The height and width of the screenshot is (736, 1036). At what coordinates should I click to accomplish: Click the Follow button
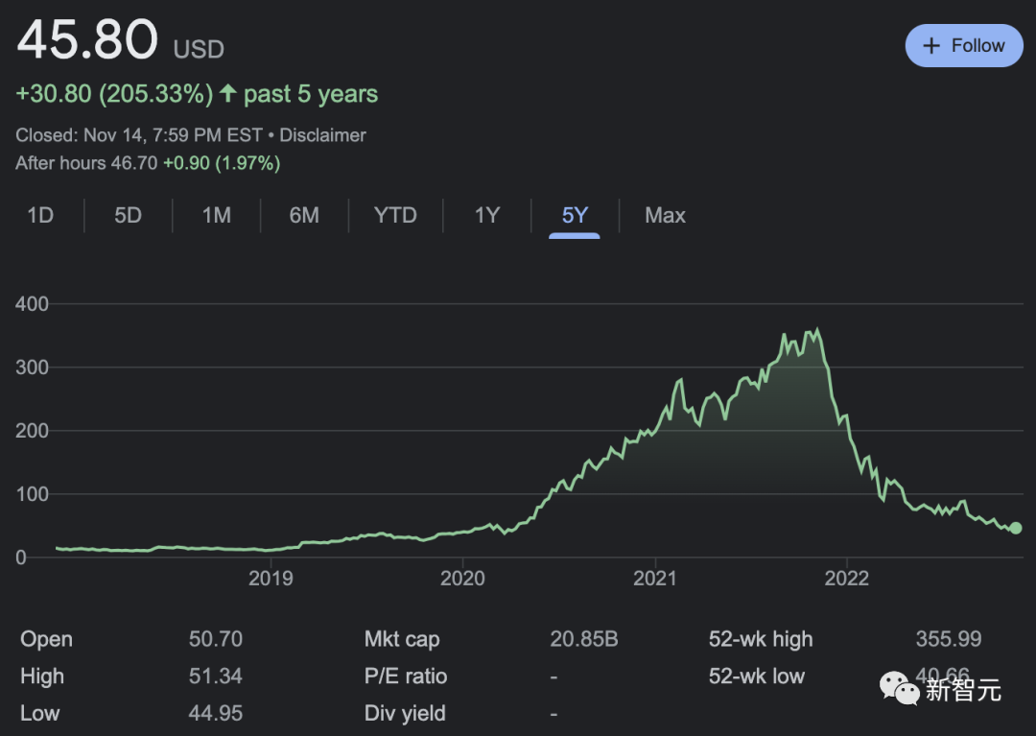click(x=963, y=46)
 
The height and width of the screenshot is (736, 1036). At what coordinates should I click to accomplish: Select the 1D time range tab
click(x=40, y=215)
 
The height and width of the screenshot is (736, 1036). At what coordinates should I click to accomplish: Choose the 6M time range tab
click(x=304, y=215)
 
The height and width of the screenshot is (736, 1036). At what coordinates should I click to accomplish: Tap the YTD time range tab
click(x=395, y=215)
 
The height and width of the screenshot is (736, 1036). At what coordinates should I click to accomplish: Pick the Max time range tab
click(x=665, y=215)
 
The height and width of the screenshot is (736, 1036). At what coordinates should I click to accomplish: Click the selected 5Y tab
click(x=575, y=215)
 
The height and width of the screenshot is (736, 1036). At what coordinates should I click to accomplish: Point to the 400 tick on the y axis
click(x=33, y=304)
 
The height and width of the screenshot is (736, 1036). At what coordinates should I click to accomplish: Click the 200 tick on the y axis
click(x=33, y=431)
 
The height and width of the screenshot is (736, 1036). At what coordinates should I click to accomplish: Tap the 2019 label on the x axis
click(x=271, y=578)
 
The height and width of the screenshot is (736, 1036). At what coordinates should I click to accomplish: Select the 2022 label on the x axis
click(x=847, y=578)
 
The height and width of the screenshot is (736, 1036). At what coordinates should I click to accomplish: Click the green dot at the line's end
click(x=1016, y=528)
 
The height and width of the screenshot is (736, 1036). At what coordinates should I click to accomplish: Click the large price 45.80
click(x=87, y=41)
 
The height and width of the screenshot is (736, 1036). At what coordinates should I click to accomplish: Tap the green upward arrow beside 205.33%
click(x=227, y=93)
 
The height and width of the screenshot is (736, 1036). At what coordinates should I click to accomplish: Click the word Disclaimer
click(x=322, y=135)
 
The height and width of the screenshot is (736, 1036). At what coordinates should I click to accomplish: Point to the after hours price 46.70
click(x=133, y=163)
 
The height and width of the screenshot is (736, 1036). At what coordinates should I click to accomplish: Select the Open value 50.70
click(x=215, y=639)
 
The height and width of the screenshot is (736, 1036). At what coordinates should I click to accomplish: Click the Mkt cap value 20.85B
click(x=584, y=639)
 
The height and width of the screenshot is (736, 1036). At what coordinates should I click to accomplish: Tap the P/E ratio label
click(x=406, y=677)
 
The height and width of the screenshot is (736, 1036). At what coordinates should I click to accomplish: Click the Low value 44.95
click(x=215, y=713)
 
